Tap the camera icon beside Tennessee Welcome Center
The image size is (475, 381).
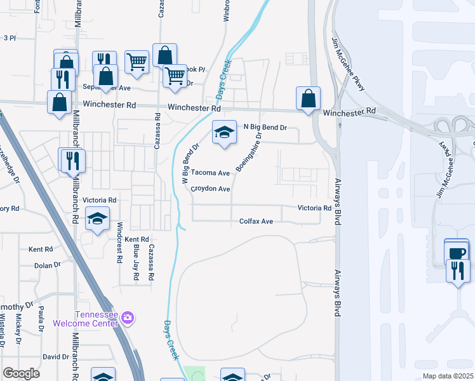pyautogui.click(x=128, y=317)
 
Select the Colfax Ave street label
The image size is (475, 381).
pyautogui.click(x=256, y=221)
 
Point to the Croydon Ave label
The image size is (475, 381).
pyautogui.click(x=210, y=189)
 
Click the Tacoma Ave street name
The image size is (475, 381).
pyautogui.click(x=210, y=173)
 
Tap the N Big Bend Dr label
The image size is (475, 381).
pyautogui.click(x=266, y=127)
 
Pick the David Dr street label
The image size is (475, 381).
pyautogui.click(x=55, y=356)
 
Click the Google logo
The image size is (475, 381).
pyautogui.click(x=22, y=373)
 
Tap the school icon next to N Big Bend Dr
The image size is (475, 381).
pyautogui.click(x=224, y=133)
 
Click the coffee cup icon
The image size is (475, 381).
pyautogui.click(x=457, y=252)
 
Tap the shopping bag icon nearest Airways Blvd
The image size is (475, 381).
pyautogui.click(x=308, y=99)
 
